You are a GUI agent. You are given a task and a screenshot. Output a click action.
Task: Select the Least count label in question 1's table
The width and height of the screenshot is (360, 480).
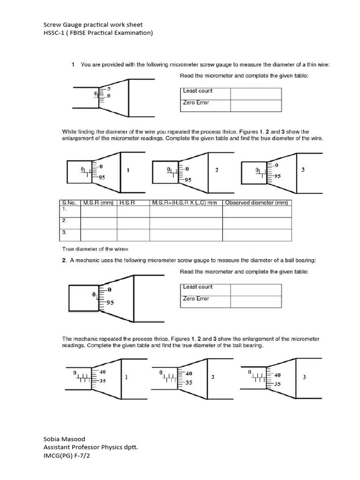[x=197, y=91]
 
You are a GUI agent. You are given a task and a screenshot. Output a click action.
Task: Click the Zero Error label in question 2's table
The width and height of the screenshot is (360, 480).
[x=196, y=299]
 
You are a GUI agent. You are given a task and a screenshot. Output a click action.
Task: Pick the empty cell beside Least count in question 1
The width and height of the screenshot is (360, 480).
[x=255, y=93]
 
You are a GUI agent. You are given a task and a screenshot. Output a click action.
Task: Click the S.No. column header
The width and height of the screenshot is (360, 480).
[x=69, y=203]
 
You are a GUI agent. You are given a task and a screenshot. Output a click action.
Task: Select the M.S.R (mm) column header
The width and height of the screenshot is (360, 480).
[x=98, y=203]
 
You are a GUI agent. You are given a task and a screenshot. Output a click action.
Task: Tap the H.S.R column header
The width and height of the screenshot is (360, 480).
[x=127, y=203]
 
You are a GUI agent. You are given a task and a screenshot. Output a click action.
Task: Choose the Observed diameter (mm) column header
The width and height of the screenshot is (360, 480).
[x=255, y=203]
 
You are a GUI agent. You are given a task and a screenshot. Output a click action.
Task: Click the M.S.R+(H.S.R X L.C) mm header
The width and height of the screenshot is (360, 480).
[x=184, y=203]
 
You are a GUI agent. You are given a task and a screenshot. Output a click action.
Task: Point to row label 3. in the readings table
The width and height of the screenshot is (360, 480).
[x=65, y=232]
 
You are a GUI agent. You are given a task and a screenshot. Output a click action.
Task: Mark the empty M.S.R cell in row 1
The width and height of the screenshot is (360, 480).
[x=98, y=212]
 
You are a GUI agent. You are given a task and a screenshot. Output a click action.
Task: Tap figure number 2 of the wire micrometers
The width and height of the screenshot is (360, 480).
[x=217, y=170]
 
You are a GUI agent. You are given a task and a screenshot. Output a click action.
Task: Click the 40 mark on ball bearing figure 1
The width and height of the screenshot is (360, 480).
[x=103, y=372]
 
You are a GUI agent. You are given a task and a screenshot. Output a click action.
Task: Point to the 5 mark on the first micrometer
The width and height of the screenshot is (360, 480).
[x=109, y=89]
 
